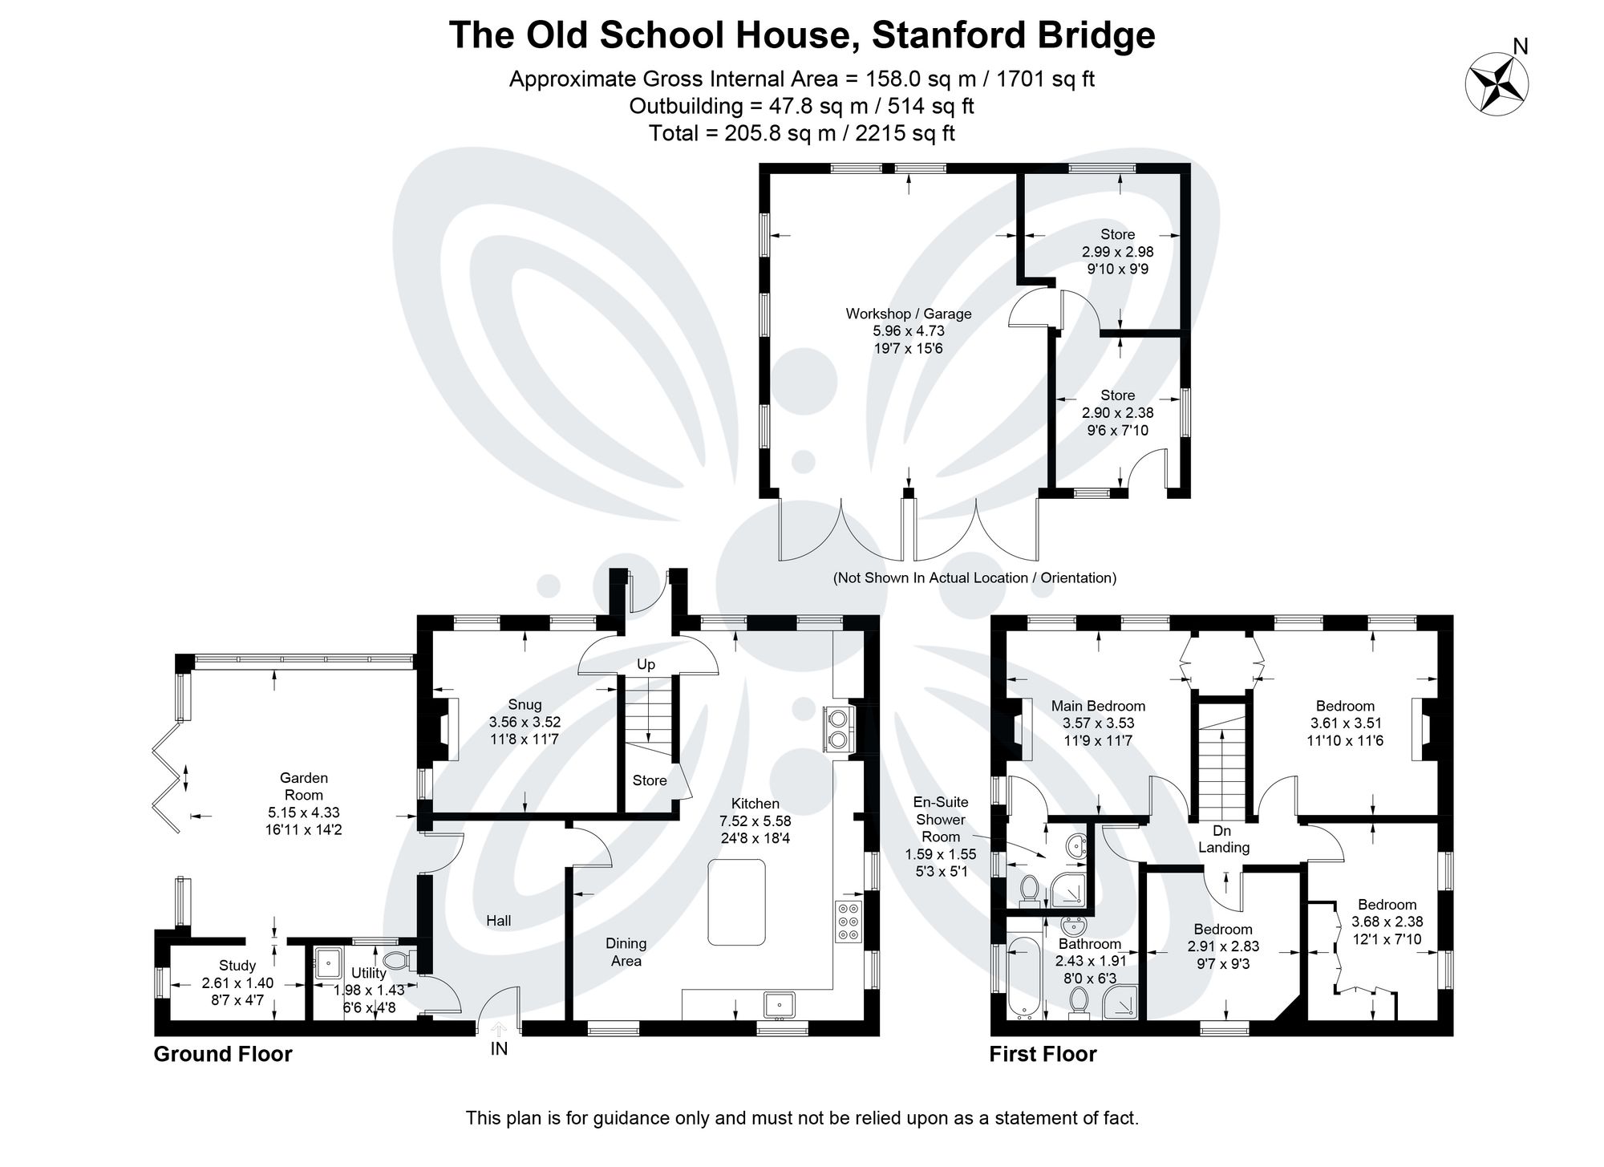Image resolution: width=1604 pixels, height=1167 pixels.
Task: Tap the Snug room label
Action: pos(525,706)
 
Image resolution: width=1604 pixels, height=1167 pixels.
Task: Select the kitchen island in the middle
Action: pos(736,902)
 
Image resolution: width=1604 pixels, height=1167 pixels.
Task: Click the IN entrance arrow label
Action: pos(499,1047)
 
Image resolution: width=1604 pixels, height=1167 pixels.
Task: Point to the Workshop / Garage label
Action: pos(908,314)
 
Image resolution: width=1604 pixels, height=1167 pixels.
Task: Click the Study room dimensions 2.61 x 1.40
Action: pos(237,983)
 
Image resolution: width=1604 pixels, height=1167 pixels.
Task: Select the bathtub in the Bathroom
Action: pos(1023,978)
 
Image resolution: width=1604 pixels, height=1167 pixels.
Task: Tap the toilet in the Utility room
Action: pos(399,960)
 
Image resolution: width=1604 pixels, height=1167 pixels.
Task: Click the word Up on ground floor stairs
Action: pos(646,664)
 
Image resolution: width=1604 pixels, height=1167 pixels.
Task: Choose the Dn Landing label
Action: pos(1223,839)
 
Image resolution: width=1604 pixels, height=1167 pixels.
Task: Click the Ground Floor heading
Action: pos(223,1054)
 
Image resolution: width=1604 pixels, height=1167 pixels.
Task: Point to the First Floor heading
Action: pos(1043,1054)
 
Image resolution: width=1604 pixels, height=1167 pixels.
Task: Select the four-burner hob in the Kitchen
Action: pos(848,922)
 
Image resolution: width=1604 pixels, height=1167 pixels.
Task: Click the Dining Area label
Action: pos(626,952)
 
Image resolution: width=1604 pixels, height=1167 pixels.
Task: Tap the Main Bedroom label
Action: pos(1098,706)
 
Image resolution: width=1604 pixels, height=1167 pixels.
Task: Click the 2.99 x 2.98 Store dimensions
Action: pos(1117,252)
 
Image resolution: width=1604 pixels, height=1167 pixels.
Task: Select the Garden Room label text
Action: pos(303,786)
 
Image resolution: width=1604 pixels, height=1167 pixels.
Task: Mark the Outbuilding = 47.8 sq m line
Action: pos(801,106)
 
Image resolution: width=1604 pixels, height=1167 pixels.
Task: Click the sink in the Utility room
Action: pos(329,962)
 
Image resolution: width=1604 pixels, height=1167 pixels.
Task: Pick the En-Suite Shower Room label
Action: pos(941,819)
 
